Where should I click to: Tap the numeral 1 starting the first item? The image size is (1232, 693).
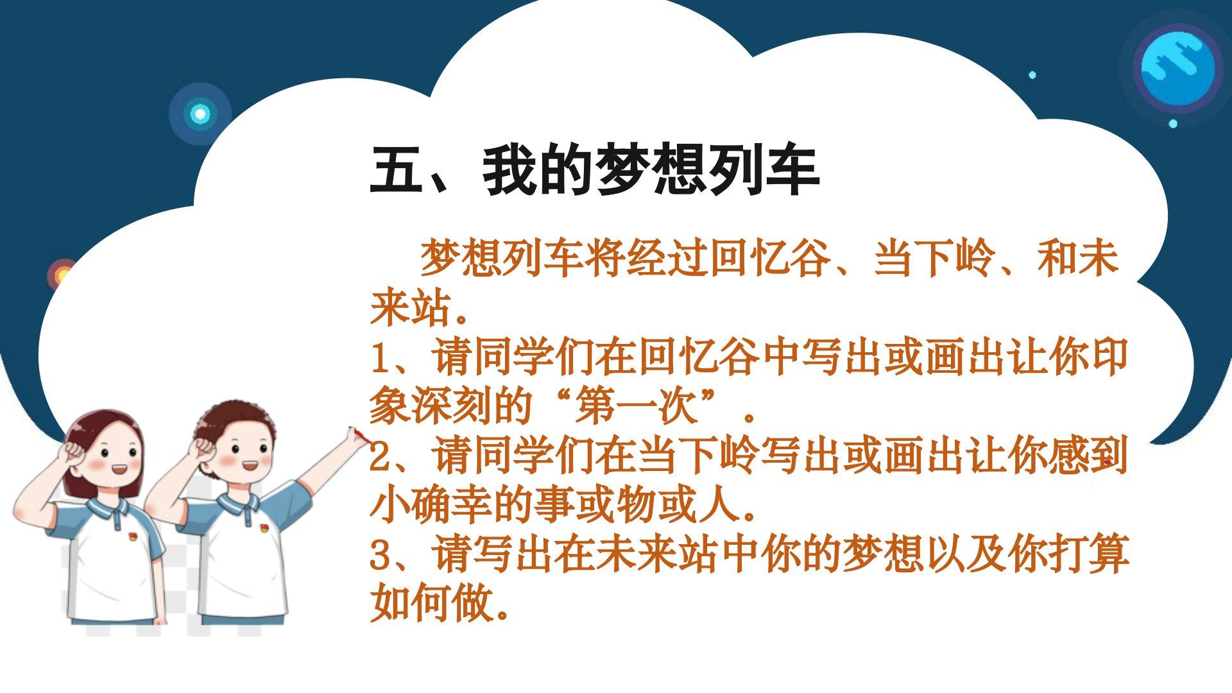click(381, 358)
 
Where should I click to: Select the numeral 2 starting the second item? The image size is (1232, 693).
click(381, 457)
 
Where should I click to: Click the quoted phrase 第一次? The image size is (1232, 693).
click(635, 407)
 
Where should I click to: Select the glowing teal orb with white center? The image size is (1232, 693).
click(200, 114)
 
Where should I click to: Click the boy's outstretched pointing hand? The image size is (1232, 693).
click(357, 436)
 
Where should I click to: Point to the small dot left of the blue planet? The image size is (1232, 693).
click(1032, 75)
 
